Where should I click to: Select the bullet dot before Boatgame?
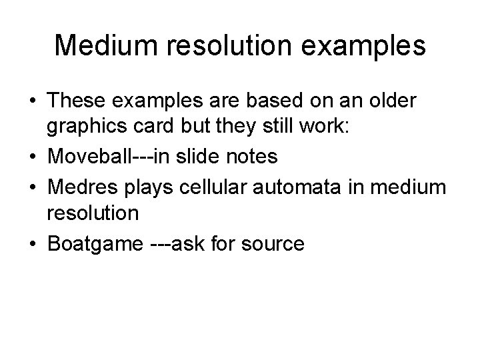coord(32,243)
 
